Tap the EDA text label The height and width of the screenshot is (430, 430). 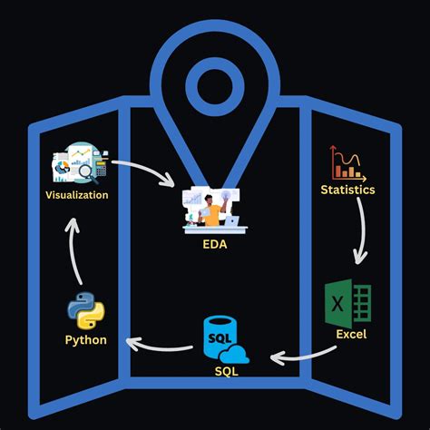215,244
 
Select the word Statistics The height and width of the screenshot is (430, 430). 348,190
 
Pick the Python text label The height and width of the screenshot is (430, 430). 85,340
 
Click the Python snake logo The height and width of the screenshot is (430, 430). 85,311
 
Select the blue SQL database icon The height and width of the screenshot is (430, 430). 220,339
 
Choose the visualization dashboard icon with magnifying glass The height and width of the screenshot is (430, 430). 80,164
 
